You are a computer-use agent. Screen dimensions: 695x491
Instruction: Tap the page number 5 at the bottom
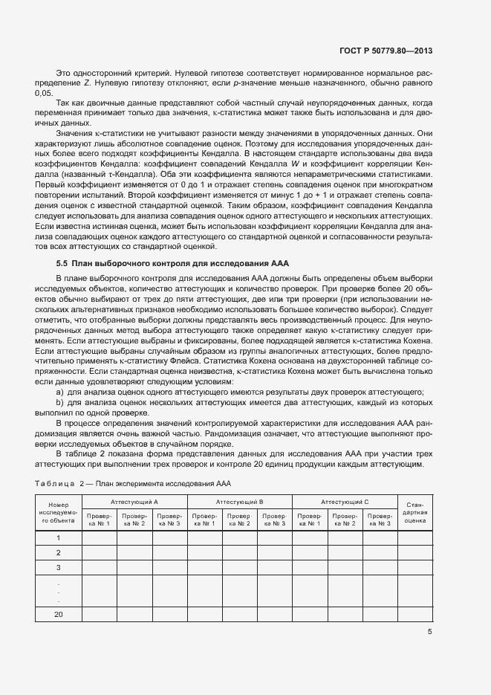coord(429,632)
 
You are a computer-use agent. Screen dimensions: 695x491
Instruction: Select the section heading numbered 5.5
coord(173,263)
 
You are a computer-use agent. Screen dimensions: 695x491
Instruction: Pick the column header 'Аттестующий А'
coord(134,502)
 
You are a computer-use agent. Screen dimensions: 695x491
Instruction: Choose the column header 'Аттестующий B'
coord(239,502)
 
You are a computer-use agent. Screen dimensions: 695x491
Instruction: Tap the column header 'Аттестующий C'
coord(345,502)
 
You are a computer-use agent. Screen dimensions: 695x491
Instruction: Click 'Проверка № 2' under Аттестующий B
coord(239,520)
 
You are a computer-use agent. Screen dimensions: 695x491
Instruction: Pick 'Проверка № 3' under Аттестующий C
coord(380,520)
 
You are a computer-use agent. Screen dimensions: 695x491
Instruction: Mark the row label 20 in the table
coord(58,614)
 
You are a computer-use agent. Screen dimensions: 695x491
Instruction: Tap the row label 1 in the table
coord(58,537)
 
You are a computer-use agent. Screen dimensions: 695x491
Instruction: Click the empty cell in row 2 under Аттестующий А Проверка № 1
coord(99,552)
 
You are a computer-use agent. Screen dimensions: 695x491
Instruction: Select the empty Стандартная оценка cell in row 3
coord(415,567)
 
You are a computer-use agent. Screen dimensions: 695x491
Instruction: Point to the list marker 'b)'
coord(59,402)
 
